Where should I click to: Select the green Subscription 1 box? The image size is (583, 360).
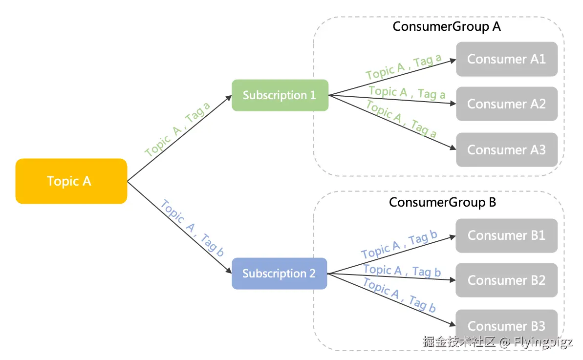pos(280,95)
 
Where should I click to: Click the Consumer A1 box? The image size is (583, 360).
pos(507,59)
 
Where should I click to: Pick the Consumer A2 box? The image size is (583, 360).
pos(507,104)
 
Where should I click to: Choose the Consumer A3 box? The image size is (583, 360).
pos(507,149)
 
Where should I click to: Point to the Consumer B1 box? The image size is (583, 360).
pos(507,235)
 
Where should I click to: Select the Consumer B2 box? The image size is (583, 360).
pos(507,280)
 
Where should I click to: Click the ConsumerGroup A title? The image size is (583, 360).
pos(447,26)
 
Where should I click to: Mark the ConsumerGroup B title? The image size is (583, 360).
pos(443,202)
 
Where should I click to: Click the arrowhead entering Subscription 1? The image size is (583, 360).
pos(229,97)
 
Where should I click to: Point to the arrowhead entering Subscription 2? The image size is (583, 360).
pos(228,271)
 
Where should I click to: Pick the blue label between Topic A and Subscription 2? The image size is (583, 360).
pos(192,228)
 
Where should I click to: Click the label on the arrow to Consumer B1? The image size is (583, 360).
pos(399,246)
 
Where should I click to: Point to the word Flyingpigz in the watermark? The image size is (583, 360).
pos(543,342)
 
